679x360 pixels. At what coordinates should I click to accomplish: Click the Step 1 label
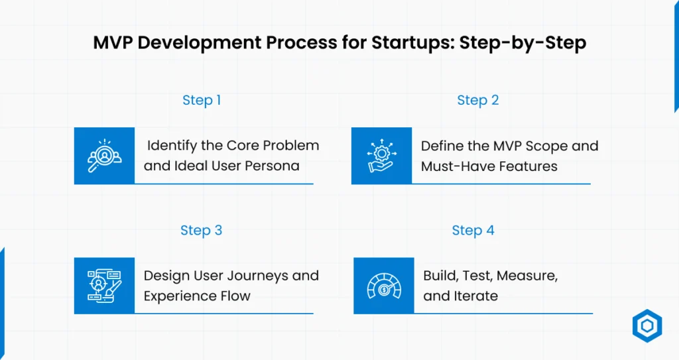202,100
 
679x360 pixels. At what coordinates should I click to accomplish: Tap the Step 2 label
478,100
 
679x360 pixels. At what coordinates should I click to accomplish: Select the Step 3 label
202,230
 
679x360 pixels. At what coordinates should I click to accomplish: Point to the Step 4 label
473,230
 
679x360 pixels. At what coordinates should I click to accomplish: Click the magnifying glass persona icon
104,156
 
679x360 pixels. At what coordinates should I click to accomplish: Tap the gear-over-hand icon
381,156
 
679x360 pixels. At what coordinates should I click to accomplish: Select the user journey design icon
104,286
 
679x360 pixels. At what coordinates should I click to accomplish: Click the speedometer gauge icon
384,286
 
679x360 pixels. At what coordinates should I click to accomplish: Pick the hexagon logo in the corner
647,326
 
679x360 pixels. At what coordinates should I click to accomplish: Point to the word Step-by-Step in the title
523,43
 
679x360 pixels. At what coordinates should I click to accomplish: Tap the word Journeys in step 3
253,276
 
